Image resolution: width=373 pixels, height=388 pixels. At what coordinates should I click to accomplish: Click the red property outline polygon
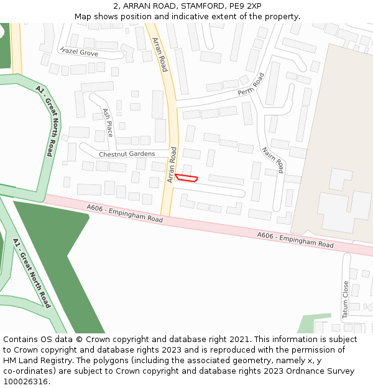pos(186,178)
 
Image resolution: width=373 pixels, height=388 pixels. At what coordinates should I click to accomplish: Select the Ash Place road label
pos(108,123)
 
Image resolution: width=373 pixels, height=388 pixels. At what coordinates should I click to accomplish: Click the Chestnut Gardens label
pos(127,154)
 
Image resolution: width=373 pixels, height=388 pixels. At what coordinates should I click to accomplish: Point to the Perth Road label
pos(251,84)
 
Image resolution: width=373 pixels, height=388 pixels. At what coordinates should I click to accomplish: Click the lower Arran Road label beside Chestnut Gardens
pos(172,165)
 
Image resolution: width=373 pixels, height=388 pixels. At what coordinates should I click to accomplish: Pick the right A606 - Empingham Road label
pos(295,240)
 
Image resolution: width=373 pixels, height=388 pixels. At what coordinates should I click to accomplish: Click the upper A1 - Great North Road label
pos(46,120)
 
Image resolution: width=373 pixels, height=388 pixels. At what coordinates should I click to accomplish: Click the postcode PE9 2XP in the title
pos(246,6)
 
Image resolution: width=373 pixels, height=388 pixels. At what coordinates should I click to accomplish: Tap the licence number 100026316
pos(25,382)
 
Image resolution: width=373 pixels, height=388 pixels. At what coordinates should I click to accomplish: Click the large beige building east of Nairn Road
pos(336,143)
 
